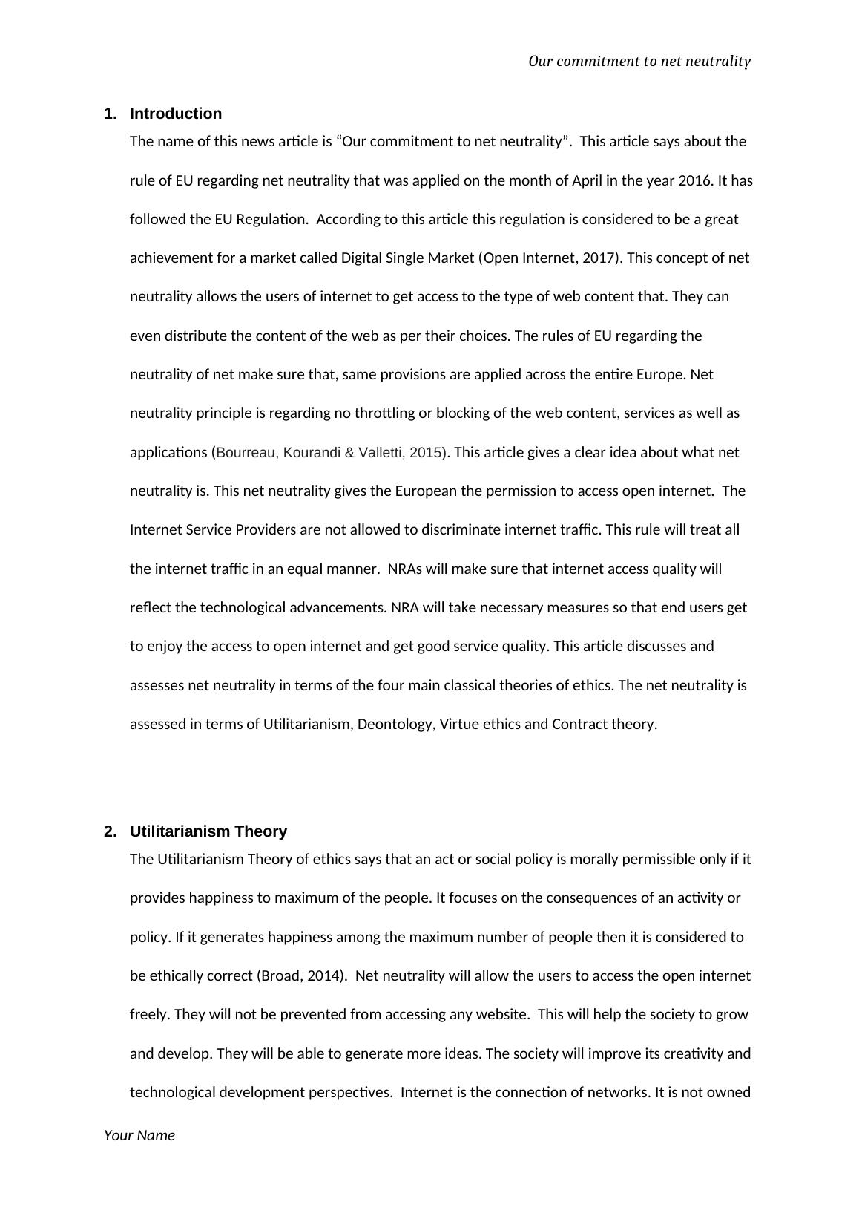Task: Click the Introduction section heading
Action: pos(175,114)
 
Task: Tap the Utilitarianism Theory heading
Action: pos(208,831)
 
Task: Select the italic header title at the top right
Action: pos(639,61)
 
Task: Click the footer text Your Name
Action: pos(139,1135)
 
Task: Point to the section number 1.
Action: pos(110,114)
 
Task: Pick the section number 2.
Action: pos(110,831)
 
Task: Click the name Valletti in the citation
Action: pos(380,452)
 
